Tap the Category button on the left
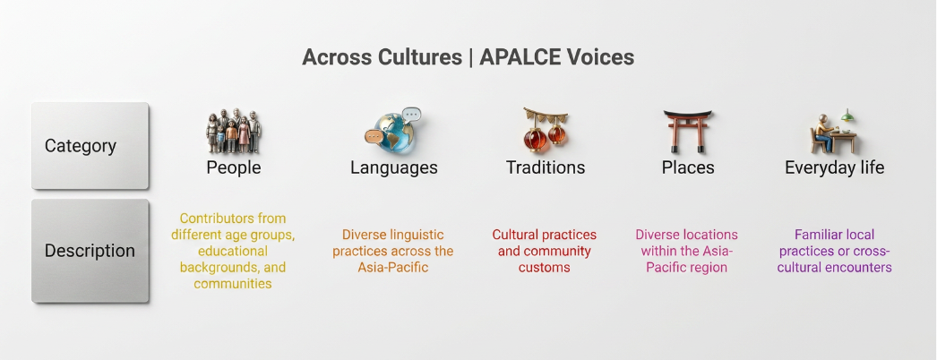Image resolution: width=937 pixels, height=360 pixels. (90, 146)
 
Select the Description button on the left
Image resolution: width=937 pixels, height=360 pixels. (90, 251)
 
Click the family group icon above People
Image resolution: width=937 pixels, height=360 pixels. (234, 132)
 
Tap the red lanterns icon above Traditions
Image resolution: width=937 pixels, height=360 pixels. (545, 130)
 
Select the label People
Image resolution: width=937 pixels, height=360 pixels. (234, 167)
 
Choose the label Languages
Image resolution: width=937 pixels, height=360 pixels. (394, 167)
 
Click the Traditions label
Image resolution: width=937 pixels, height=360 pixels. (546, 167)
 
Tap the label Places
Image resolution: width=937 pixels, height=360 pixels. (688, 167)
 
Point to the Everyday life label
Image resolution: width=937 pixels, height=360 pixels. (834, 167)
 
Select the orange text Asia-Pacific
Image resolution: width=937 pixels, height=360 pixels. (393, 268)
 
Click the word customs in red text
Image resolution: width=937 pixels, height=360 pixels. (545, 268)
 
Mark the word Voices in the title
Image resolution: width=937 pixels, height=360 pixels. (604, 57)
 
